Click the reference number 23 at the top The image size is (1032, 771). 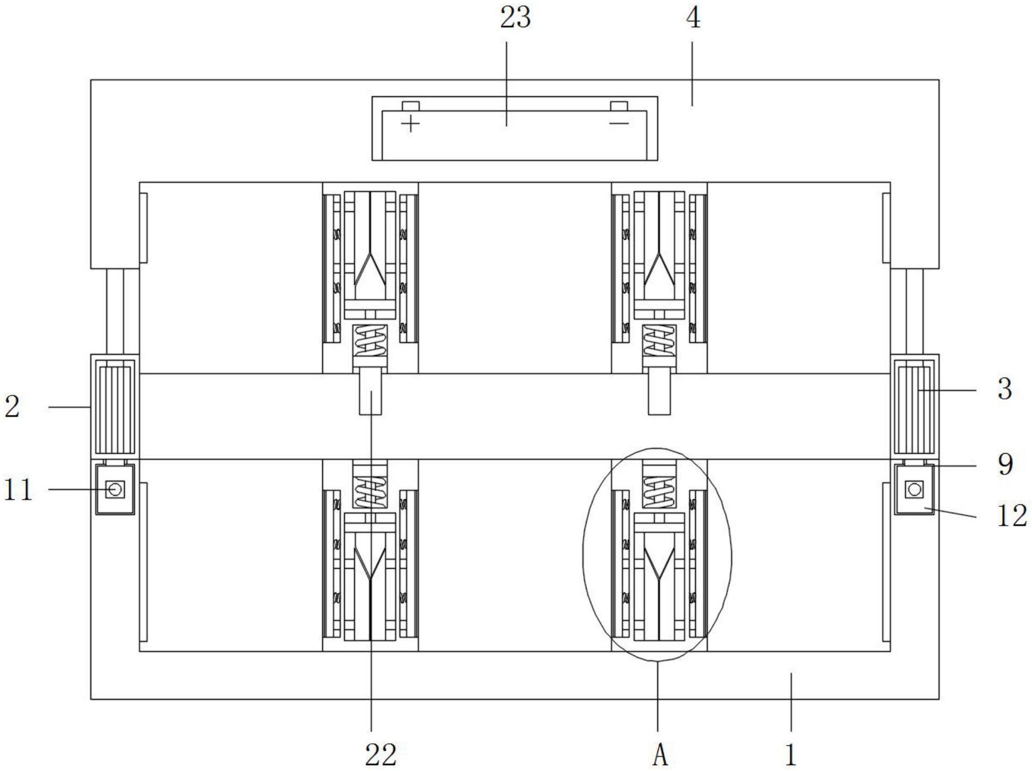(x=515, y=18)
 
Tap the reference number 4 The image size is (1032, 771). (x=693, y=18)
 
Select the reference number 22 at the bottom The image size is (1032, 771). (x=381, y=754)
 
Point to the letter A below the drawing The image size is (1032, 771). (x=660, y=754)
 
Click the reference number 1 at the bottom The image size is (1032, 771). (x=791, y=754)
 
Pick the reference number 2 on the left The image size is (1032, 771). (x=12, y=406)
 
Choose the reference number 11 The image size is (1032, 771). (x=19, y=489)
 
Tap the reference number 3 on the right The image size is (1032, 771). (x=1004, y=389)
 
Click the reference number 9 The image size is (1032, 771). (x=1005, y=464)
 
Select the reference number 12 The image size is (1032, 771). (x=1011, y=515)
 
